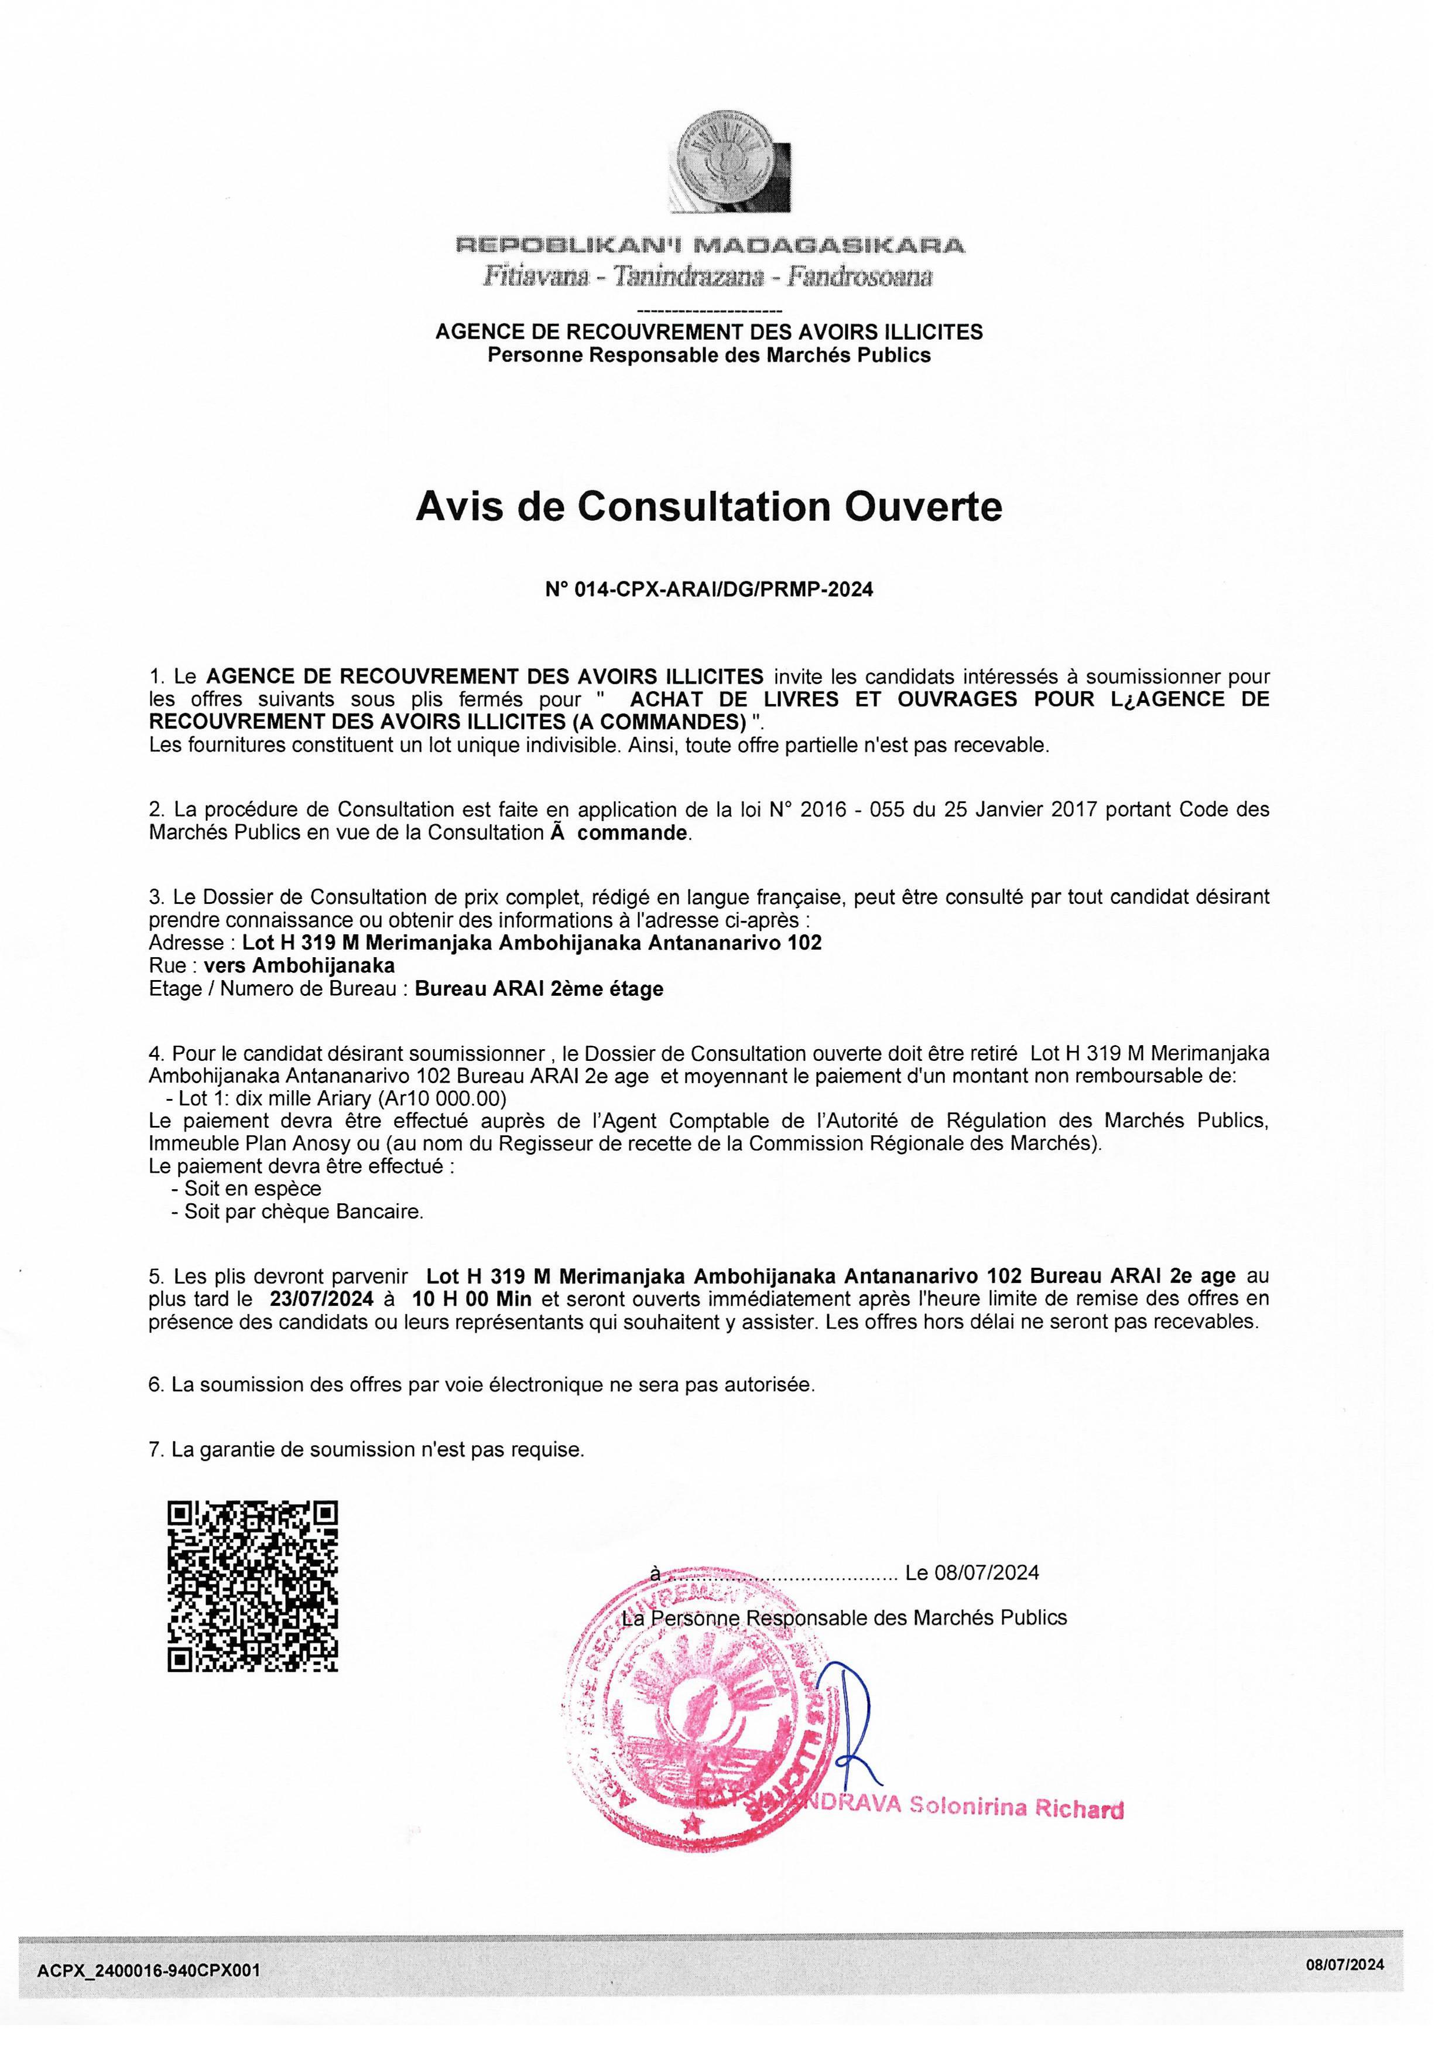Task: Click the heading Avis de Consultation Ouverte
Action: (x=708, y=507)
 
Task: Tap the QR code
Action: (x=253, y=1586)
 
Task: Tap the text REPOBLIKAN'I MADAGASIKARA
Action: (x=710, y=244)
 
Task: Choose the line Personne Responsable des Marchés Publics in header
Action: (x=708, y=356)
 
